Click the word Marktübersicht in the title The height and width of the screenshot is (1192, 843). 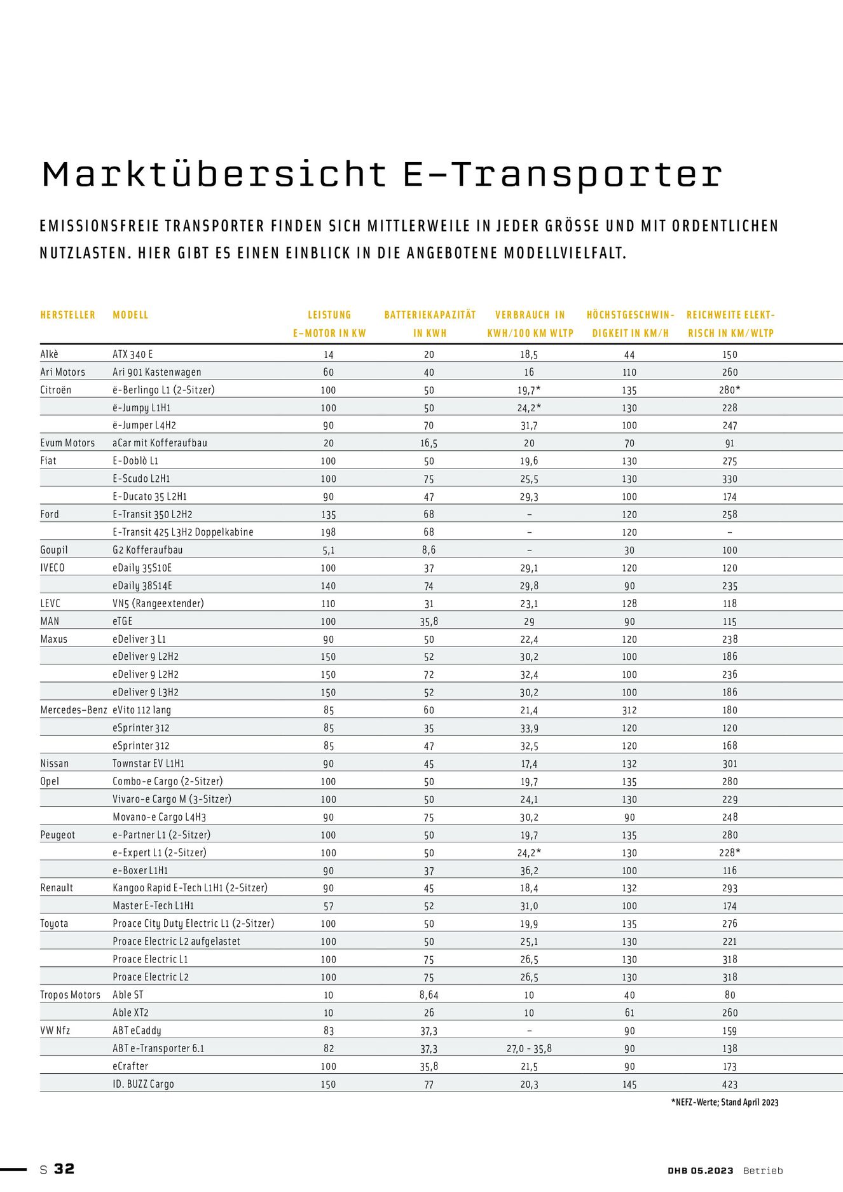coord(214,174)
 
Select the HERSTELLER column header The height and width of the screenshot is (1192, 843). coord(68,315)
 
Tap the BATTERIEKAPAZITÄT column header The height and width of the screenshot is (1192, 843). coord(430,315)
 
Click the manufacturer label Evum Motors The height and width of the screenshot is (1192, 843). coord(67,443)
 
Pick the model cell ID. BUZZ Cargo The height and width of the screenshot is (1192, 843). coord(143,1084)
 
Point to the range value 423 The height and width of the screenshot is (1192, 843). coord(729,1085)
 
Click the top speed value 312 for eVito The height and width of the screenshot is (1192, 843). coord(629,710)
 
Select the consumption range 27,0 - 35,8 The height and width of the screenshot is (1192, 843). coord(529,1048)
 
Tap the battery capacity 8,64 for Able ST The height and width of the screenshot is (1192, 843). coord(428,995)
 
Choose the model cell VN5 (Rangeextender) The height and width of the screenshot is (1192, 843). coord(158,603)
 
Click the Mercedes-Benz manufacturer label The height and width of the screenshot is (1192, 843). coord(74,710)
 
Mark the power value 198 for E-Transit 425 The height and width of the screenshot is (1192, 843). coord(328,532)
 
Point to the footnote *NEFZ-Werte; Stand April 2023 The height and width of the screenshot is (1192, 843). coord(724,1102)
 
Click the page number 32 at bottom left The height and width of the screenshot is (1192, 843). coord(64,1168)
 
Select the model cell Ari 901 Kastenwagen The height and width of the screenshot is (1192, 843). coord(156,372)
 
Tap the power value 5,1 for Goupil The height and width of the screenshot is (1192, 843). coord(328,550)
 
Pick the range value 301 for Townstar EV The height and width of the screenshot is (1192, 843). coord(729,764)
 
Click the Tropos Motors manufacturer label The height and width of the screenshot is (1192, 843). coord(70,995)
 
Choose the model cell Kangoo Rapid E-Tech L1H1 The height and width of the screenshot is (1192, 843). coord(190,888)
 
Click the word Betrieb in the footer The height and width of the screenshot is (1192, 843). coord(763,1170)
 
